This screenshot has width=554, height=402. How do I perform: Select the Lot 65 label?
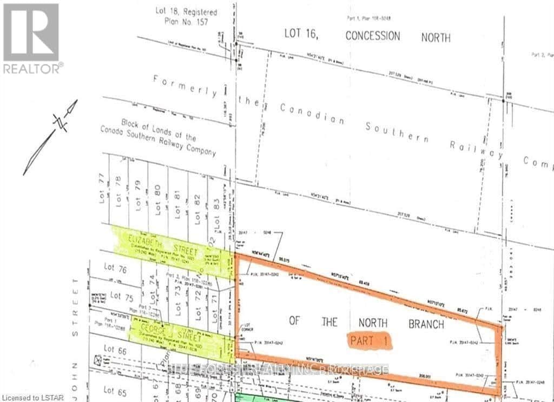[116, 390]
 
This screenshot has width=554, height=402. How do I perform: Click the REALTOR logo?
[31, 38]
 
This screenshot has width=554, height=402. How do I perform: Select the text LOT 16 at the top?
[302, 34]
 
